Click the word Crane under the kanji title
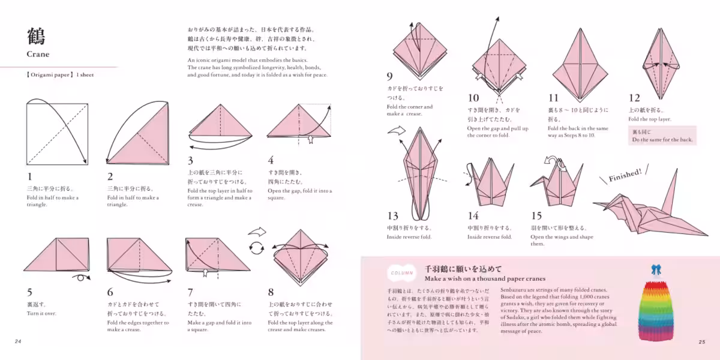pyautogui.click(x=38, y=54)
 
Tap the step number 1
pyautogui.click(x=29, y=176)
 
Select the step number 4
pyautogui.click(x=271, y=160)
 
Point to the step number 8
pyautogui.click(x=271, y=292)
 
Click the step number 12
pyautogui.click(x=634, y=98)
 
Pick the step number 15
pyautogui.click(x=536, y=215)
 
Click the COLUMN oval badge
pyautogui.click(x=401, y=272)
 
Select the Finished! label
pyautogui.click(x=625, y=175)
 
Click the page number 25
pyautogui.click(x=701, y=342)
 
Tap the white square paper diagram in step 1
pyautogui.click(x=57, y=133)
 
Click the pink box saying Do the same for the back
pyautogui.click(x=662, y=136)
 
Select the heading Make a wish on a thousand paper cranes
pyautogui.click(x=485, y=278)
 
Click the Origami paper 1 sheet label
pyautogui.click(x=60, y=75)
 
